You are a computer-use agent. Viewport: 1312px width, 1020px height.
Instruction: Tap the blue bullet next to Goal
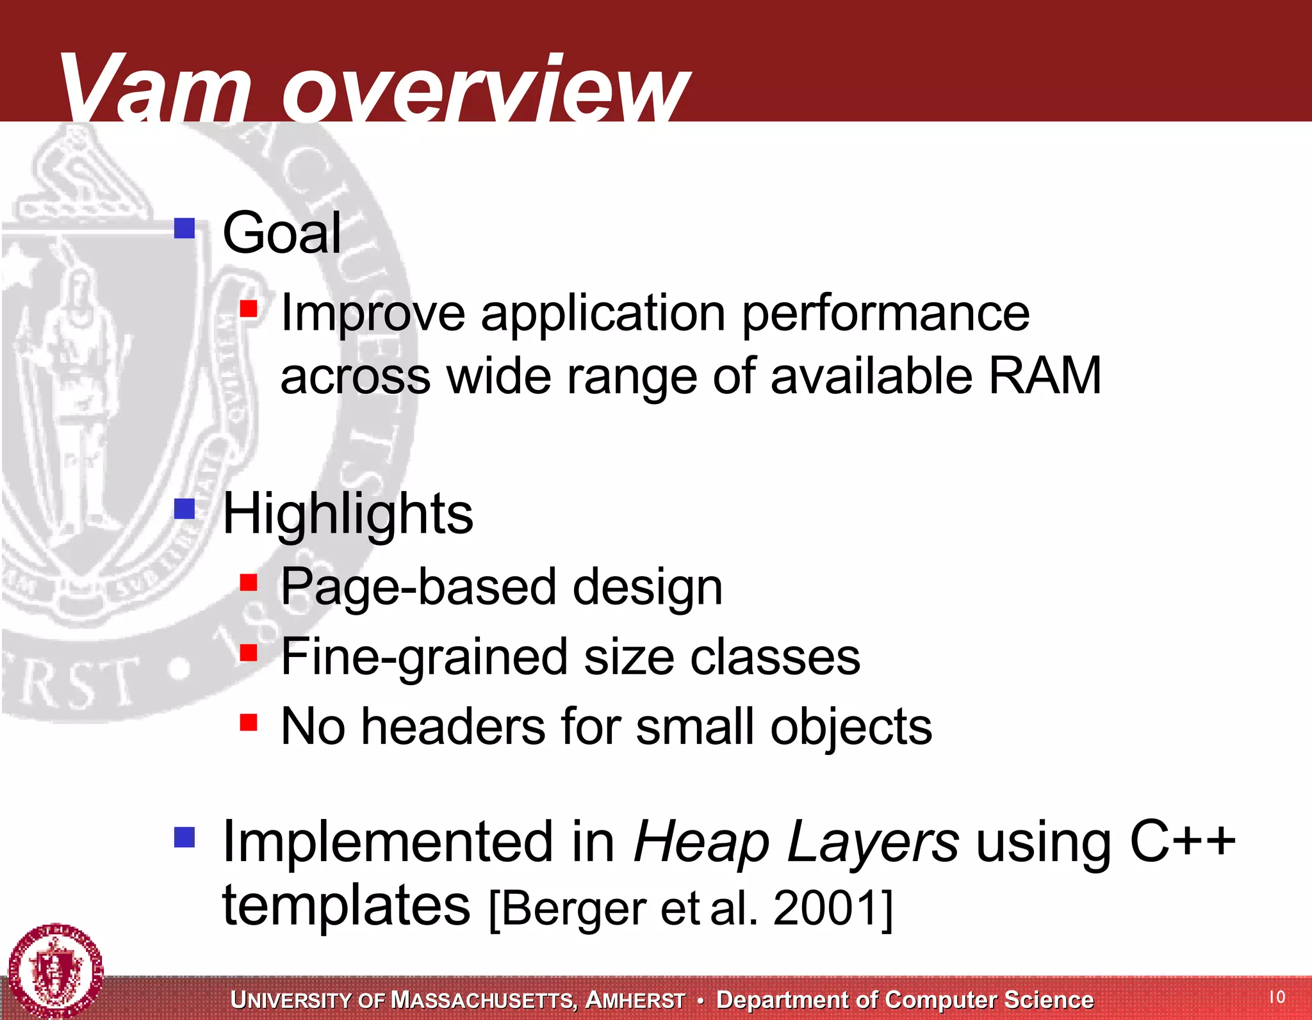click(184, 228)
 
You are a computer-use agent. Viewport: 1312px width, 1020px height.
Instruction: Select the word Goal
click(281, 233)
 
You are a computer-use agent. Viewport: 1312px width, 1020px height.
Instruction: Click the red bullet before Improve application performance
click(249, 309)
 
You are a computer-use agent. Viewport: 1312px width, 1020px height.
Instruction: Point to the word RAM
click(1044, 376)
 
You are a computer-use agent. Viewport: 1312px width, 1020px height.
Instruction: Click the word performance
click(885, 314)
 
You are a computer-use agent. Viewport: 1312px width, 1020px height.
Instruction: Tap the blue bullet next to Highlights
click(184, 509)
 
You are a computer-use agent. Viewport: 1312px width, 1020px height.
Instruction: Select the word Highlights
click(347, 515)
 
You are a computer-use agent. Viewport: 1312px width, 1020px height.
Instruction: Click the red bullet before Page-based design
click(249, 583)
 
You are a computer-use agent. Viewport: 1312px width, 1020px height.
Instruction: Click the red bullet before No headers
click(249, 723)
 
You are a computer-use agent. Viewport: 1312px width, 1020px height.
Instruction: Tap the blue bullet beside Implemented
click(184, 836)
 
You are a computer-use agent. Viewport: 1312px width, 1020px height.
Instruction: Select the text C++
click(1182, 840)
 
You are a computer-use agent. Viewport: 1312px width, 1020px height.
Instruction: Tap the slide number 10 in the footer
click(1277, 997)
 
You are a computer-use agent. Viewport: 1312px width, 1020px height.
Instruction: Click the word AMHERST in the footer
click(635, 1000)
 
